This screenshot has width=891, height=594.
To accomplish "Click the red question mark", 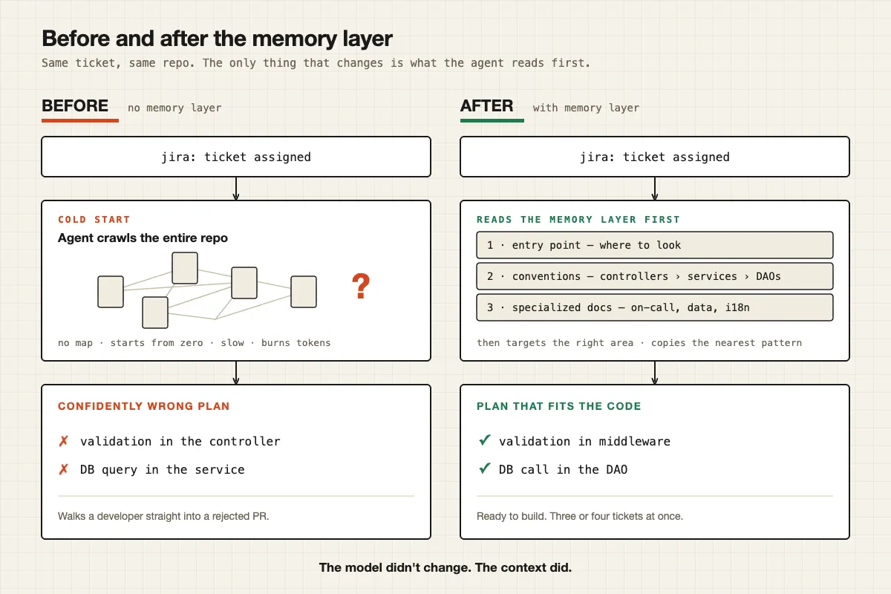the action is (x=361, y=286).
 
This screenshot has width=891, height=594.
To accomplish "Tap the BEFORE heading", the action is (x=75, y=106).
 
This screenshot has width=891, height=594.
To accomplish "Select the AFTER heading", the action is (x=486, y=106).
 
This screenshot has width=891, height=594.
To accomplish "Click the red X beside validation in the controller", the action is (x=64, y=441).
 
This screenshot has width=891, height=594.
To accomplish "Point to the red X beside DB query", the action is (x=64, y=469).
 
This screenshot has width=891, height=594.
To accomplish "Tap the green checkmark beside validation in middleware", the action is (x=484, y=440).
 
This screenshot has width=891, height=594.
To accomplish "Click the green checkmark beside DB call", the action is (x=484, y=468).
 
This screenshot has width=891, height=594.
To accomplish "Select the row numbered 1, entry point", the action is (x=654, y=245).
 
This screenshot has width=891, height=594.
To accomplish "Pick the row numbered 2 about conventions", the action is (x=654, y=276).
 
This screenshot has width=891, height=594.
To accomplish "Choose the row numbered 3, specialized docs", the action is (x=654, y=307).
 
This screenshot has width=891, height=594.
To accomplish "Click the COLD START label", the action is (x=94, y=220).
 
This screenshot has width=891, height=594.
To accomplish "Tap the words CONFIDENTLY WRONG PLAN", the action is (x=143, y=406).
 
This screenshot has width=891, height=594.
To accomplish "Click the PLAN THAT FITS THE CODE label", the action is (x=558, y=406).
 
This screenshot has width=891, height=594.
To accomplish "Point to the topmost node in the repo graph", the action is (x=185, y=268).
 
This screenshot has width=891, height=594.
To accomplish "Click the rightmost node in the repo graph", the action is (x=304, y=292).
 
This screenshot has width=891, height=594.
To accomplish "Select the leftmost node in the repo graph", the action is (x=111, y=292).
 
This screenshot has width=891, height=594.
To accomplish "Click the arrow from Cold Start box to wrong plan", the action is (x=236, y=373).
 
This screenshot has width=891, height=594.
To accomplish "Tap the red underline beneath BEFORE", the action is (x=80, y=120).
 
